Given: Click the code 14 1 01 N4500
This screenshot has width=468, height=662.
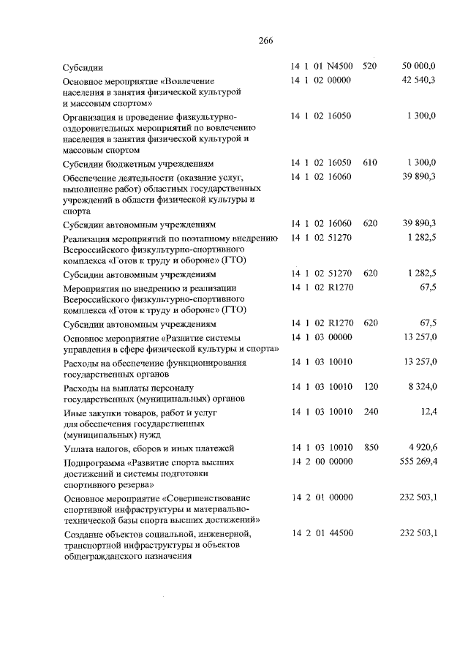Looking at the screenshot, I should tap(322, 66).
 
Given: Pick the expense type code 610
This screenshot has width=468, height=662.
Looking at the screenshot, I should tap(370, 162).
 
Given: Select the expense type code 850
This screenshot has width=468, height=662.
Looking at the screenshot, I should tap(370, 447).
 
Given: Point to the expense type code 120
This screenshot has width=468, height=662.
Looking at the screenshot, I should tap(370, 386).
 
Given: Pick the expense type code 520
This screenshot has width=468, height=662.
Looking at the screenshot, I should tap(370, 66).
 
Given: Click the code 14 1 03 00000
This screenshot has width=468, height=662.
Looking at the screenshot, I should tap(322, 336).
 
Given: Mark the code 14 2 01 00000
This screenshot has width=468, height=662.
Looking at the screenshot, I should tap(322, 497).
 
